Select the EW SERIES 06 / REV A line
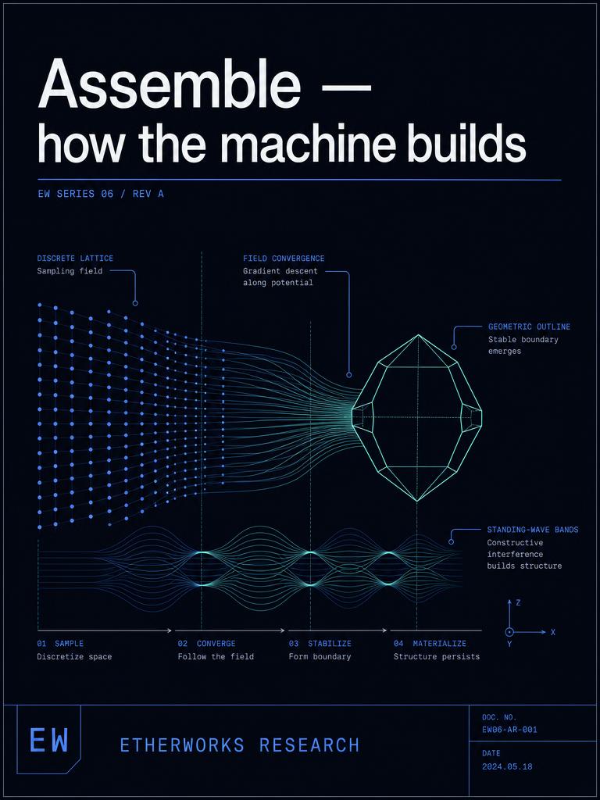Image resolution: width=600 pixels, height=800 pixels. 101,194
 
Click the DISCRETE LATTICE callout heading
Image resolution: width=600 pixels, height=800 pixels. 75,259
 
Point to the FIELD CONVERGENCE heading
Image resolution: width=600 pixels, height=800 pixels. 284,259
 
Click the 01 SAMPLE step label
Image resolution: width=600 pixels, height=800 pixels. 60,644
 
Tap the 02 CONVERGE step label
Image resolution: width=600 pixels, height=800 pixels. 206,644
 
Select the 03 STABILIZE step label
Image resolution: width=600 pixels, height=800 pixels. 320,644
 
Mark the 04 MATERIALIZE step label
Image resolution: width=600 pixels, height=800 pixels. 430,644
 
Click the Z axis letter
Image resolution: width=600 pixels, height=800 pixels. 519,602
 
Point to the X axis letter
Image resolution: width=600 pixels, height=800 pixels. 553,632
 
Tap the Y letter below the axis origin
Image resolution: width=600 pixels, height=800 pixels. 509,644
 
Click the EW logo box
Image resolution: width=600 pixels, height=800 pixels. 49,739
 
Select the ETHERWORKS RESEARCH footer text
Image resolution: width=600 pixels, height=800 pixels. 240,745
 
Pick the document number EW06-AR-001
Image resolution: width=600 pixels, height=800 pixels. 509,730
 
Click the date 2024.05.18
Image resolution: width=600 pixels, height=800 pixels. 506,766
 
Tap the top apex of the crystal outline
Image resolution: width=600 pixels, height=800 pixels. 419,334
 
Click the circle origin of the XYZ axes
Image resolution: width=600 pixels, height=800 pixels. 509,632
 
